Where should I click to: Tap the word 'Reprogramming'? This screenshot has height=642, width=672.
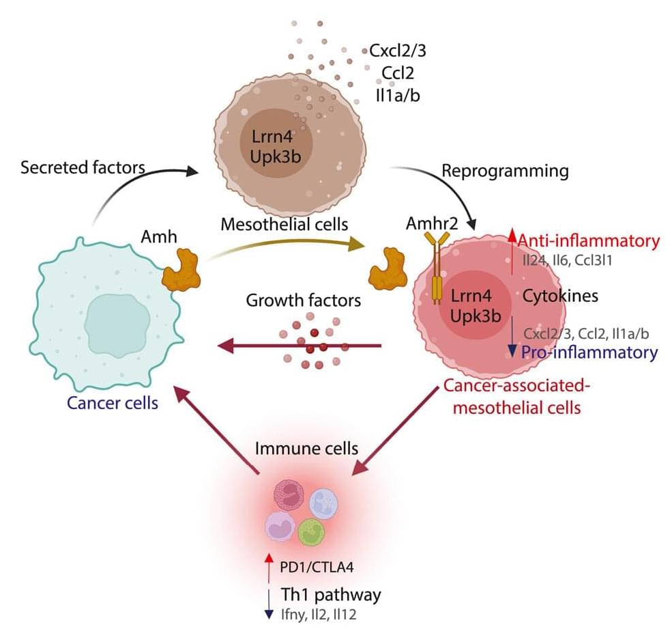coord(506,171)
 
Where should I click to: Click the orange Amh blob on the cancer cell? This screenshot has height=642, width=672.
coord(184,271)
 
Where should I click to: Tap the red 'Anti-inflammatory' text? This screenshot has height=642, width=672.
coord(588,241)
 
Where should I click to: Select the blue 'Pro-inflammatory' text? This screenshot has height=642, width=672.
coord(589,352)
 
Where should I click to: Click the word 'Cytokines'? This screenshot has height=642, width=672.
coord(560,296)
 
